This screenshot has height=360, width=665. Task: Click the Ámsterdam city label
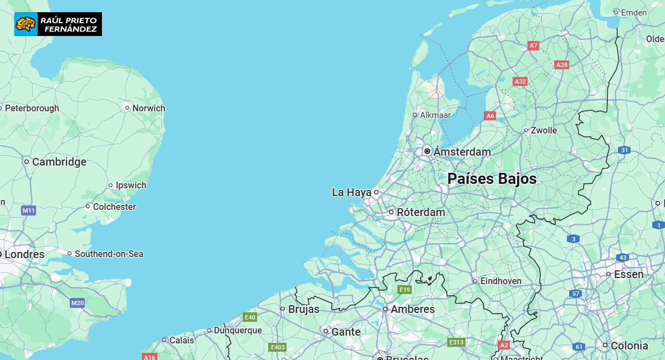click(462, 152)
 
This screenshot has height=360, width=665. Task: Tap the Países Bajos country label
click(492, 179)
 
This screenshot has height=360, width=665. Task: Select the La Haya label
click(351, 193)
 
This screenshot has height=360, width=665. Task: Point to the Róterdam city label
click(421, 212)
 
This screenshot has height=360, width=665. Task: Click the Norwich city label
click(149, 108)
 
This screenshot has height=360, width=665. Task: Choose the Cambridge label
click(59, 162)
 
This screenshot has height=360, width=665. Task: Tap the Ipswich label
click(131, 185)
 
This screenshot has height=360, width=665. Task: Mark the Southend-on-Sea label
click(109, 254)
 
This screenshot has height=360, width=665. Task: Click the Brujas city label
click(304, 309)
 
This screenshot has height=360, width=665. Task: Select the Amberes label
click(412, 309)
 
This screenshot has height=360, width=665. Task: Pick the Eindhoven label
click(500, 281)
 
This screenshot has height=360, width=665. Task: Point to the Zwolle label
click(544, 131)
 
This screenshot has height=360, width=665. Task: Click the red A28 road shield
click(562, 65)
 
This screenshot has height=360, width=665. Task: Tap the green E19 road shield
click(405, 290)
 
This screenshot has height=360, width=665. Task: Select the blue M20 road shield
click(78, 303)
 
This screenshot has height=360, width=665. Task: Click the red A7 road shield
click(533, 45)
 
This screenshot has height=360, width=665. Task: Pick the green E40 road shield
click(250, 317)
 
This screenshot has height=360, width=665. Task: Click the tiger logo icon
click(25, 24)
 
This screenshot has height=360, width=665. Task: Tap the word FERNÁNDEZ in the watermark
click(70, 29)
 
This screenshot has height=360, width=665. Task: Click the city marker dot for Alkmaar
click(415, 115)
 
